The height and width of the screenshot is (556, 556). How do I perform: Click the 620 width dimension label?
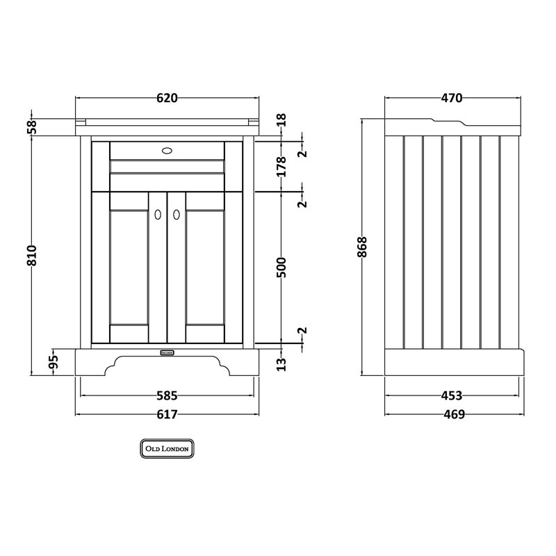pos(167,98)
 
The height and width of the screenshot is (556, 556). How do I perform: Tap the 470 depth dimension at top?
pos(452,98)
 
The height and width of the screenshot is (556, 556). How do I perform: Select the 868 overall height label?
pos(363,247)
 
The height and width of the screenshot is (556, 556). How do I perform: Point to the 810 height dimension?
pos(31,255)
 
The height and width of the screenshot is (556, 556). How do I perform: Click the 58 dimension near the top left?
pos(31,126)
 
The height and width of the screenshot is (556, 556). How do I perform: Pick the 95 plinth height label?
pos(53,362)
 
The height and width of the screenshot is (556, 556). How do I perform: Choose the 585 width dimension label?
pos(167,395)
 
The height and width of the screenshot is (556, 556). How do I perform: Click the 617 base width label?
pos(167,414)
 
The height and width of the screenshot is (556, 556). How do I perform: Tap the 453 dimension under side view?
pos(452,395)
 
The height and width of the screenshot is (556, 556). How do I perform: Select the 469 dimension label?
pos(455,414)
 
